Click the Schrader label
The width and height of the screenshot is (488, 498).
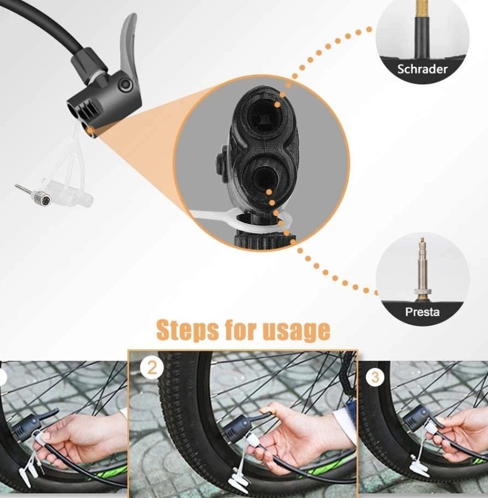[422, 70]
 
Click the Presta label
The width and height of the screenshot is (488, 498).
[422, 312]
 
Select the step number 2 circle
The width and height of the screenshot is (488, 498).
[152, 368]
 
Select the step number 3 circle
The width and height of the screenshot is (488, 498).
[375, 377]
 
